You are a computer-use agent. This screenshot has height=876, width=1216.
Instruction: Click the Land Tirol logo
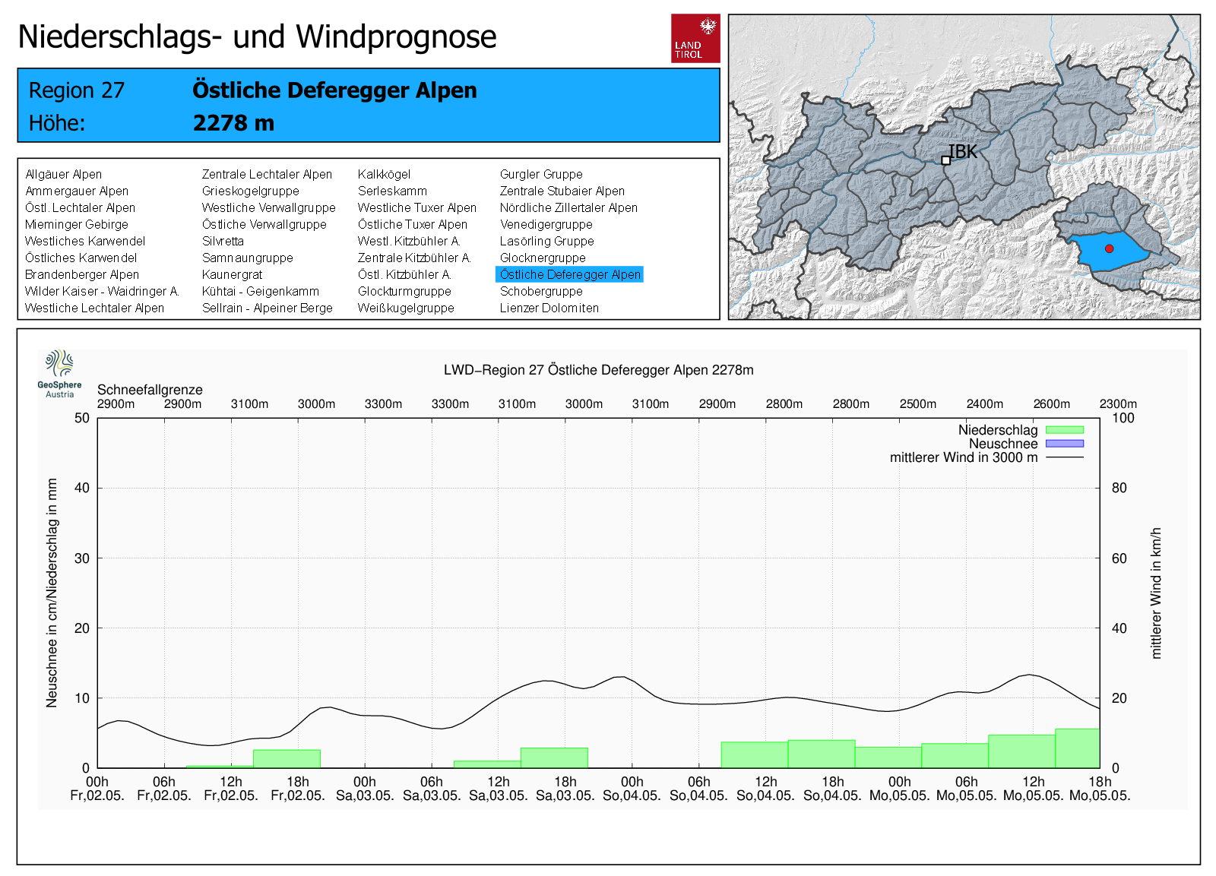(695, 38)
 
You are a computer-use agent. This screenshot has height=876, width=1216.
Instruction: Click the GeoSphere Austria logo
(59, 373)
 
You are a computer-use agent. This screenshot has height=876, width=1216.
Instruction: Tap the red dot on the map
(1109, 248)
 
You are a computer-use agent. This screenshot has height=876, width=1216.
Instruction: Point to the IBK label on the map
(963, 152)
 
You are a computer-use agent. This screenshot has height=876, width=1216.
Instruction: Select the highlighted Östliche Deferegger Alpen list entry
(569, 274)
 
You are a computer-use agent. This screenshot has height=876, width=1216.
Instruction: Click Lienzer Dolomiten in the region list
(549, 308)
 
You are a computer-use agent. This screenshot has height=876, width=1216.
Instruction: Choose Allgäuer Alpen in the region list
(63, 174)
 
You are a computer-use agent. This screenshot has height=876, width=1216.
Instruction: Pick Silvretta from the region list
(223, 241)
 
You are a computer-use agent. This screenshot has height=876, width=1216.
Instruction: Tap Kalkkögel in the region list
(384, 174)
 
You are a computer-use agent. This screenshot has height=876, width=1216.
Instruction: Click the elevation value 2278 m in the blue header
(233, 122)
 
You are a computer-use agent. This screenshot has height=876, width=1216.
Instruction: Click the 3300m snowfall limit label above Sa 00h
(383, 403)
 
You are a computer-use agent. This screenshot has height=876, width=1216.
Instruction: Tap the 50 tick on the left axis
(82, 418)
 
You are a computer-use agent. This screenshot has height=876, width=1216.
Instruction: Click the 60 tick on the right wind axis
(1119, 558)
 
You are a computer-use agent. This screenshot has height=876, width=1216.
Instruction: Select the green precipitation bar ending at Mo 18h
(1077, 748)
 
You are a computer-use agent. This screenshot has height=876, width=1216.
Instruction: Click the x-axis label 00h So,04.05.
(632, 789)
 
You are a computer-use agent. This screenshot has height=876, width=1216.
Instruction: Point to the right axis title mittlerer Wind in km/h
(1156, 593)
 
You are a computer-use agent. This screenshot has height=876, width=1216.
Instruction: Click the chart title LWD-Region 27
(598, 370)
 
